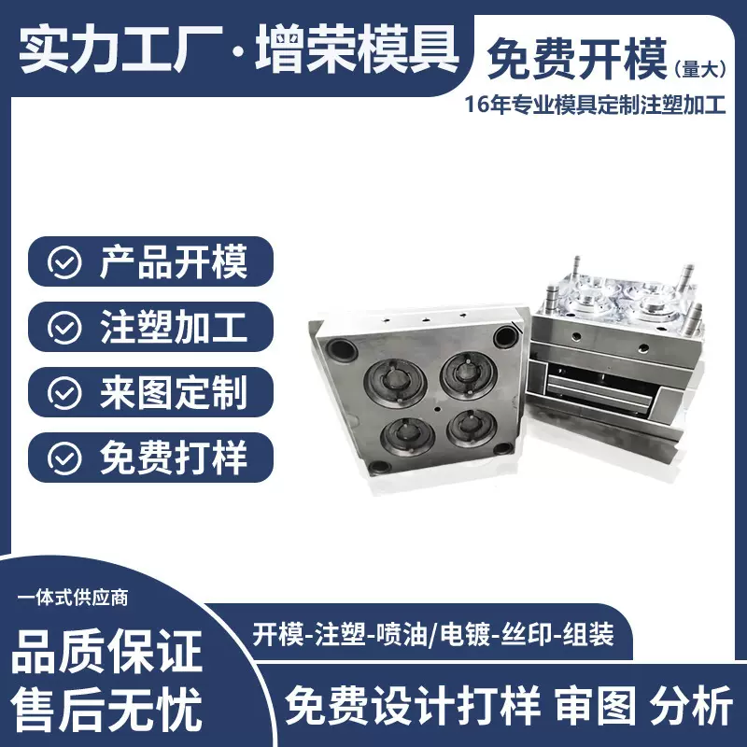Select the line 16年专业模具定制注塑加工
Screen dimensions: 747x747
595,106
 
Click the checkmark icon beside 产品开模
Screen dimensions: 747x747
64,262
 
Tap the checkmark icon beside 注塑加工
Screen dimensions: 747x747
64,328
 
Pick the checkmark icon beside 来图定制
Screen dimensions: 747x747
64,393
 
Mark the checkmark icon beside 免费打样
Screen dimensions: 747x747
64,458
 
